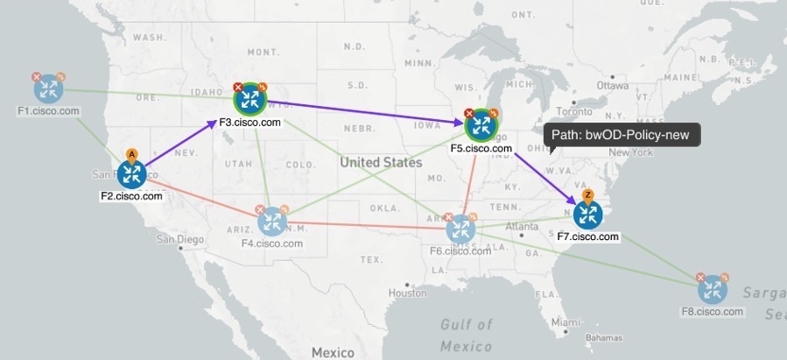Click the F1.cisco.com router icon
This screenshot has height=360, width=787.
coord(48,88)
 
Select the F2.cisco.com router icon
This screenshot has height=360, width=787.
coord(131,174)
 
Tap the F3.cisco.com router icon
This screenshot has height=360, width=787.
coord(250,100)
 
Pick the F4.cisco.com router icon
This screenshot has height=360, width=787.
coord(272,221)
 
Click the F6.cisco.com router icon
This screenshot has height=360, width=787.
coord(460,230)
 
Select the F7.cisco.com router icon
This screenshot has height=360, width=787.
coord(587,215)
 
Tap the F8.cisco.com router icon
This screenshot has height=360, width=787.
coord(713,289)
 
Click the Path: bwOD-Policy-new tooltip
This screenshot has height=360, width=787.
coord(622,134)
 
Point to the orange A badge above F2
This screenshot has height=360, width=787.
coord(131,154)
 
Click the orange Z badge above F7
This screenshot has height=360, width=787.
coord(587,194)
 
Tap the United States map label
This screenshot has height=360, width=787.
coord(381,163)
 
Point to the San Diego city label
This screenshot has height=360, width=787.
coord(180,238)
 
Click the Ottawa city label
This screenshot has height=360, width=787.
coord(613,86)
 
